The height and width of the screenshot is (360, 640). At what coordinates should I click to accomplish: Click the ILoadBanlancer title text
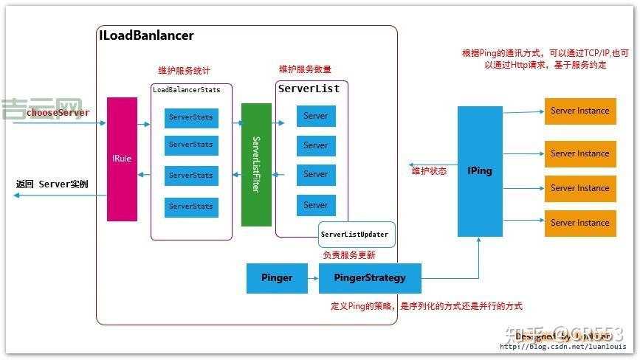[x=146, y=35]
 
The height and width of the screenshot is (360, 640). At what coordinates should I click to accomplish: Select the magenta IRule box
[x=122, y=159]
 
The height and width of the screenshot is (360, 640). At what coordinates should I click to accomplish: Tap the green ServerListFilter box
[x=256, y=165]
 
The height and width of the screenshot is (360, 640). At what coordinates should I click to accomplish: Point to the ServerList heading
[x=309, y=89]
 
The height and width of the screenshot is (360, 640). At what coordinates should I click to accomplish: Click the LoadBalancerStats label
[x=191, y=89]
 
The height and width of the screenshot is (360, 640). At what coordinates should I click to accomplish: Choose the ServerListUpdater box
[x=354, y=235]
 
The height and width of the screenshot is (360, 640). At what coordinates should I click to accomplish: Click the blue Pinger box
[x=277, y=278]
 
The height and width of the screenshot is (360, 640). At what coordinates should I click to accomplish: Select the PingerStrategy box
[x=370, y=278]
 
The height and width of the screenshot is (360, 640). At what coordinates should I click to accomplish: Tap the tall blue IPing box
[x=480, y=171]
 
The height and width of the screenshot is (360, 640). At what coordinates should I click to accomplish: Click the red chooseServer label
[x=58, y=113]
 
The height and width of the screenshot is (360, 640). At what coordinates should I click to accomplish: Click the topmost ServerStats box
[x=191, y=117]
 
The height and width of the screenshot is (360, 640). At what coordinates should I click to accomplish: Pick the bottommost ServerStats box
[x=191, y=207]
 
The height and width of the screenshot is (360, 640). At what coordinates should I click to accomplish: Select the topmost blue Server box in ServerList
[x=316, y=116]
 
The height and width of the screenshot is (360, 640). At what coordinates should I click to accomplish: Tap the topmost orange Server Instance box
[x=579, y=111]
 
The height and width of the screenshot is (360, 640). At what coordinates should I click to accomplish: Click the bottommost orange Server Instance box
[x=579, y=223]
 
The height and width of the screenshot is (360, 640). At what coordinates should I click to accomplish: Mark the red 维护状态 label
[x=429, y=171]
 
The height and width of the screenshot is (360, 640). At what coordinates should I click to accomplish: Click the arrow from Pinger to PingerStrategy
[x=313, y=278]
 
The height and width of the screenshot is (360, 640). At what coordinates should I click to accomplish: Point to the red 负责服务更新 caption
[x=349, y=255]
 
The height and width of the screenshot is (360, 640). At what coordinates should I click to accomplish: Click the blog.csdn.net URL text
[x=562, y=347]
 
